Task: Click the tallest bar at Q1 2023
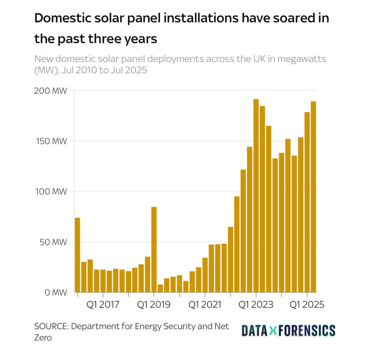coord(256,195)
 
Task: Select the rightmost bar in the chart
coord(313,197)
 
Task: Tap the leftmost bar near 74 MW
coord(77,255)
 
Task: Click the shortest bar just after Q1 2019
coord(160,288)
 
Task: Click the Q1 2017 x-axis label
coord(103,305)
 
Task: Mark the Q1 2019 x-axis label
coord(154,305)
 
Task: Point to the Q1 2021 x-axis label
coord(205,305)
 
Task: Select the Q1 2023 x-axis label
coord(256,305)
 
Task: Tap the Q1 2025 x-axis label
coord(307,305)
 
